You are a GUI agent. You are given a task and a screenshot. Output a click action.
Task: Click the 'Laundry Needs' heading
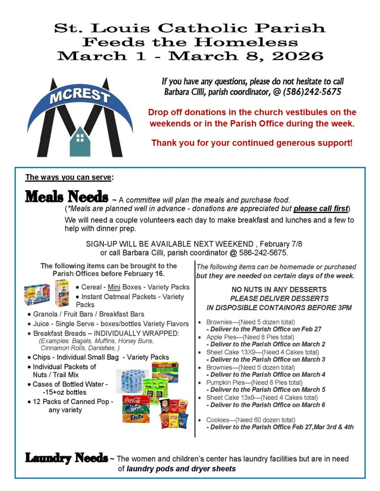coord(66,458)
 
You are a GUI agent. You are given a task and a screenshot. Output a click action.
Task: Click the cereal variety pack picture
coord(37,295)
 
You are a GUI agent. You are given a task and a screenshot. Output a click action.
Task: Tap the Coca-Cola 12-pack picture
coord(136,401)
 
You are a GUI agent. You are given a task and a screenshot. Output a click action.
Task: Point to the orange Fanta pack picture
coord(136,417)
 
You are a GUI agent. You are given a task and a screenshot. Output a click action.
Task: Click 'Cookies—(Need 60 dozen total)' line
coord(251,420)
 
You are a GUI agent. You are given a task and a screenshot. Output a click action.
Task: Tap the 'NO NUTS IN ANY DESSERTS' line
coord(279,290)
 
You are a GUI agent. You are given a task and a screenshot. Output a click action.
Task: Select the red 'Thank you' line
coord(252,143)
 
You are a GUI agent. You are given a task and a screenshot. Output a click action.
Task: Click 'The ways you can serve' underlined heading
coord(69,177)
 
